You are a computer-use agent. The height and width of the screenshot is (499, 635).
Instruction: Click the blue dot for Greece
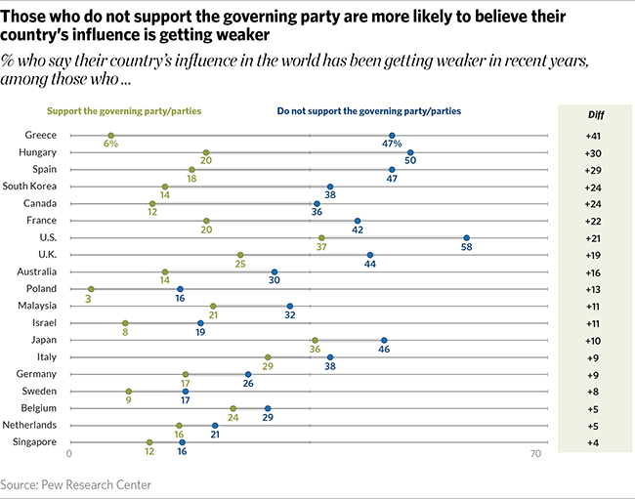(x=392, y=136)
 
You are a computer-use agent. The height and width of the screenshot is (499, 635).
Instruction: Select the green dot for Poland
(x=91, y=289)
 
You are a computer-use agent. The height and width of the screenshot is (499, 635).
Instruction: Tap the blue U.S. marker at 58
(x=466, y=237)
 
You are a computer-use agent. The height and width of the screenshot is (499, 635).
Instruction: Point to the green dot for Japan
(x=315, y=340)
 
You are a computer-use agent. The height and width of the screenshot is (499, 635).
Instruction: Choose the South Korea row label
(x=30, y=187)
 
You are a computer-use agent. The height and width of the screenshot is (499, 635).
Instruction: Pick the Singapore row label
(x=34, y=442)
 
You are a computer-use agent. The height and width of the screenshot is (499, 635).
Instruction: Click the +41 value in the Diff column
(x=595, y=136)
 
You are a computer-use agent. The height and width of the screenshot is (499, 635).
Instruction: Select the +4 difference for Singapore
(x=595, y=442)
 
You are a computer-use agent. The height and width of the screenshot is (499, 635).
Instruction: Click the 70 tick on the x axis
(x=534, y=455)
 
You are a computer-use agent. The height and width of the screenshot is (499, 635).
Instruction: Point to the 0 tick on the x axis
(x=69, y=455)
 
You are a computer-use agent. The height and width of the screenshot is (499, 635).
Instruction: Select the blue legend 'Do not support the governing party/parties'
(x=368, y=111)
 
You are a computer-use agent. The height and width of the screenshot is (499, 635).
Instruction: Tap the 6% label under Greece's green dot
(x=110, y=146)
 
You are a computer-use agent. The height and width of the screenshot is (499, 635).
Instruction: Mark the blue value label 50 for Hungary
(x=411, y=162)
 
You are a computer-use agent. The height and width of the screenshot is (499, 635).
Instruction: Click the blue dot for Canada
(x=317, y=203)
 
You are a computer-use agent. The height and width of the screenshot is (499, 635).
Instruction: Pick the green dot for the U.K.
(x=240, y=255)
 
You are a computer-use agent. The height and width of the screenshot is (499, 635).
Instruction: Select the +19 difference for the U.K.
(x=595, y=255)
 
